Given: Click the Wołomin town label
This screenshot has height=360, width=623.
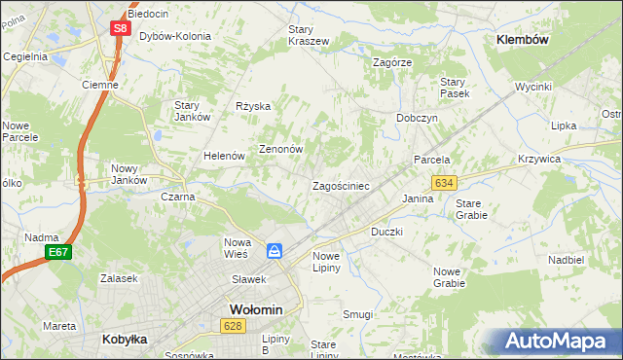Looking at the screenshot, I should (255, 309).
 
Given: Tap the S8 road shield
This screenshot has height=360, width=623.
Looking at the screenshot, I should (119, 28).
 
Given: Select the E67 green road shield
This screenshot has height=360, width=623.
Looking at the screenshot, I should (56, 253).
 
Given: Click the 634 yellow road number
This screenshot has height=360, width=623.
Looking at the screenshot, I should (445, 183).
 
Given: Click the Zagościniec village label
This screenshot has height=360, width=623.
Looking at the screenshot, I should (340, 186).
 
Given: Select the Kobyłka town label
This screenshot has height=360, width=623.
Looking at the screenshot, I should (124, 340).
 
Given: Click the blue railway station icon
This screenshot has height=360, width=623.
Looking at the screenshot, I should (275, 251).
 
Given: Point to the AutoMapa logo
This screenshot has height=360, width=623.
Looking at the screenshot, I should (561, 342).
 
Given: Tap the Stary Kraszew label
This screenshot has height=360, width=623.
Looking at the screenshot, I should (308, 36).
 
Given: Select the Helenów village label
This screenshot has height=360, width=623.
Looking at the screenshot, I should (223, 156).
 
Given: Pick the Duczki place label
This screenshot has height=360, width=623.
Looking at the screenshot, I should (386, 233).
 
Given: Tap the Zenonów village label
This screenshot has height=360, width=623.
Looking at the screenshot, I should (281, 150).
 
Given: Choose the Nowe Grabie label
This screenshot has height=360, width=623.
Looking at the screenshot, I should (449, 277).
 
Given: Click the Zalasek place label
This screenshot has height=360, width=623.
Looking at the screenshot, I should (119, 278).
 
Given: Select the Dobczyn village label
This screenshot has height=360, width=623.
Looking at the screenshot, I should (417, 118).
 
